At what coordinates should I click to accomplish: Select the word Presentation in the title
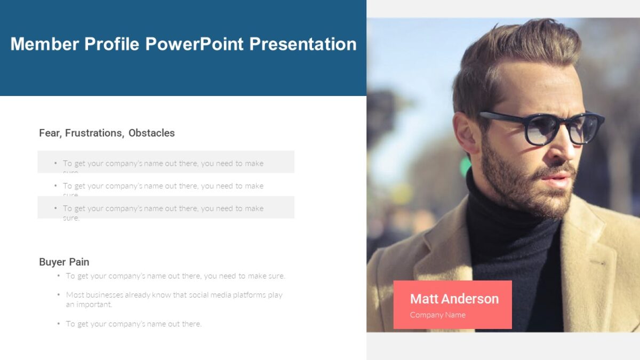click(x=303, y=44)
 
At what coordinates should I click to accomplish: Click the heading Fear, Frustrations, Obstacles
click(x=107, y=133)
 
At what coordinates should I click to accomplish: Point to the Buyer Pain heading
click(x=64, y=262)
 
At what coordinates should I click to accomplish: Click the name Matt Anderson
click(x=454, y=299)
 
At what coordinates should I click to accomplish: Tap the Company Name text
click(x=437, y=315)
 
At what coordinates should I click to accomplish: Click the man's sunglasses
click(x=541, y=128)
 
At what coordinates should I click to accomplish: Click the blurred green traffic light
click(x=466, y=166)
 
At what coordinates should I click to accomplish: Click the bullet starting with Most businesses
click(x=174, y=299)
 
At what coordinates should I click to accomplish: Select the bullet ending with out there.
click(x=133, y=324)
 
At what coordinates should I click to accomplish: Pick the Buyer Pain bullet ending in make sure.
click(x=175, y=276)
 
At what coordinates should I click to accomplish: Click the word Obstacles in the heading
click(x=151, y=133)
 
